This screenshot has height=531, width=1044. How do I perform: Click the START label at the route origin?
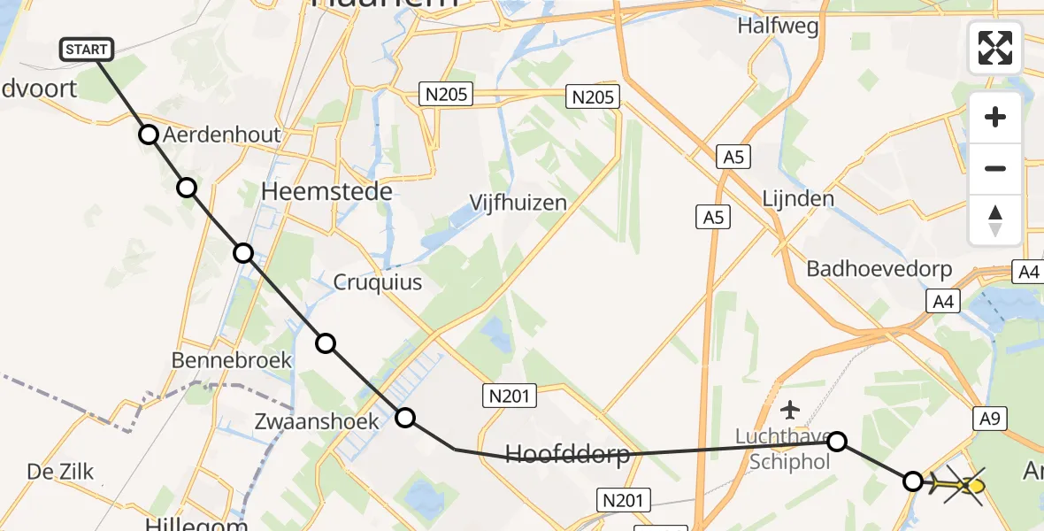click(x=87, y=50)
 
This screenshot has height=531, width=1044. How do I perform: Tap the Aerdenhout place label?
click(x=221, y=135)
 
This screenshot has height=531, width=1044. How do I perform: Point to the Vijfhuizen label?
click(x=518, y=203)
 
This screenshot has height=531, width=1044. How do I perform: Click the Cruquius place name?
click(x=377, y=282)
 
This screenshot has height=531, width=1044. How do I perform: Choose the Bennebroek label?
click(x=219, y=361)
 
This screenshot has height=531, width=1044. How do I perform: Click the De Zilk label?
click(x=60, y=472)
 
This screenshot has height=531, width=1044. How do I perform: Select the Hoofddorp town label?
click(x=567, y=455)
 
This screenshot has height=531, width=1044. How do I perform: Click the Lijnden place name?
click(x=798, y=197)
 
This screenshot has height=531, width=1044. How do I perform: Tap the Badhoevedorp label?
click(x=879, y=269)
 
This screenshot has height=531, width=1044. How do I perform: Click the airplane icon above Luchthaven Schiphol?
click(x=790, y=410)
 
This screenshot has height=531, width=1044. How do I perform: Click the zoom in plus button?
click(x=995, y=117)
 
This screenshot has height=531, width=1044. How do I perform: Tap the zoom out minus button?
click(x=995, y=168)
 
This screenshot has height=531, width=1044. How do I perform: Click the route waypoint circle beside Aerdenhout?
click(x=149, y=135)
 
